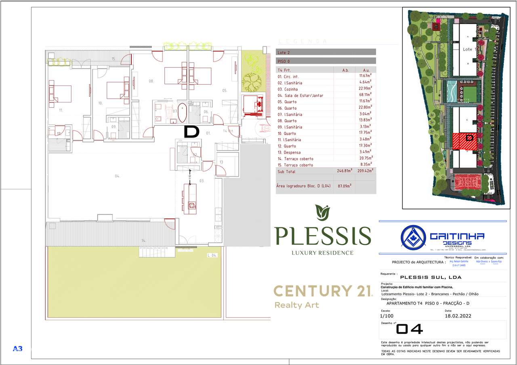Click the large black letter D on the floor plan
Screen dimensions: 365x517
coord(191,132)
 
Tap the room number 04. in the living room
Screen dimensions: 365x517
coord(118,176)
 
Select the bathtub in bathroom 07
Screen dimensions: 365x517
coord(183,113)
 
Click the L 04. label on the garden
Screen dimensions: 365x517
coord(212,255)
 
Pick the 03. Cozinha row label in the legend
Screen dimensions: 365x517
coord(288,89)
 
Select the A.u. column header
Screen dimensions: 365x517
coord(366,70)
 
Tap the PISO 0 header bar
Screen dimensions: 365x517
coord(326,61)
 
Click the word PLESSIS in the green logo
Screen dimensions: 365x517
coord(322,236)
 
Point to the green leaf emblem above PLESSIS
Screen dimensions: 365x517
coord(322,211)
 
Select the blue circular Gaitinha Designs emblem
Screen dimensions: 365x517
coord(413,236)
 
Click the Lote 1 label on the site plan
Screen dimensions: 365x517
coord(467,49)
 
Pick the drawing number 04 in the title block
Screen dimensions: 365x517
coord(409,330)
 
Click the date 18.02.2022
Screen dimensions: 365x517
coord(458,316)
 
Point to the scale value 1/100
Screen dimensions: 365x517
coord(387,316)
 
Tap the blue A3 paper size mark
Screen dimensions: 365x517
coord(17,348)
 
